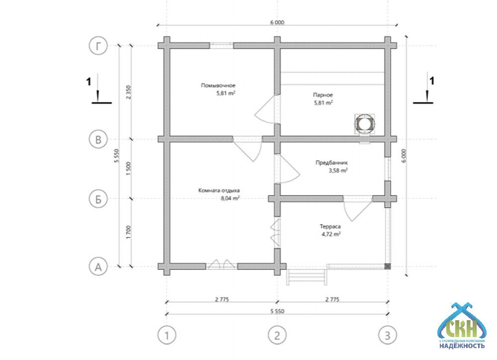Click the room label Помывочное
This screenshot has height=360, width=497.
click(x=218, y=85)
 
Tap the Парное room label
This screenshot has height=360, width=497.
click(x=323, y=94)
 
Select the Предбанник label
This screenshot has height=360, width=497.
click(x=331, y=162)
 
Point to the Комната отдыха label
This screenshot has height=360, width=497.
click(x=219, y=190)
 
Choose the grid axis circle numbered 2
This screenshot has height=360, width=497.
click(x=277, y=335)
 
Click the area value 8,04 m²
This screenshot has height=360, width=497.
click(x=230, y=198)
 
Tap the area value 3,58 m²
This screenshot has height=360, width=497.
click(x=338, y=170)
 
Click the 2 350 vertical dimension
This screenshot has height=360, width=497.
click(x=129, y=92)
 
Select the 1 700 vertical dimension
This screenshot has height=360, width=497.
click(x=129, y=232)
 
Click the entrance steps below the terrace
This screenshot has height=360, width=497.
click(x=307, y=276)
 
